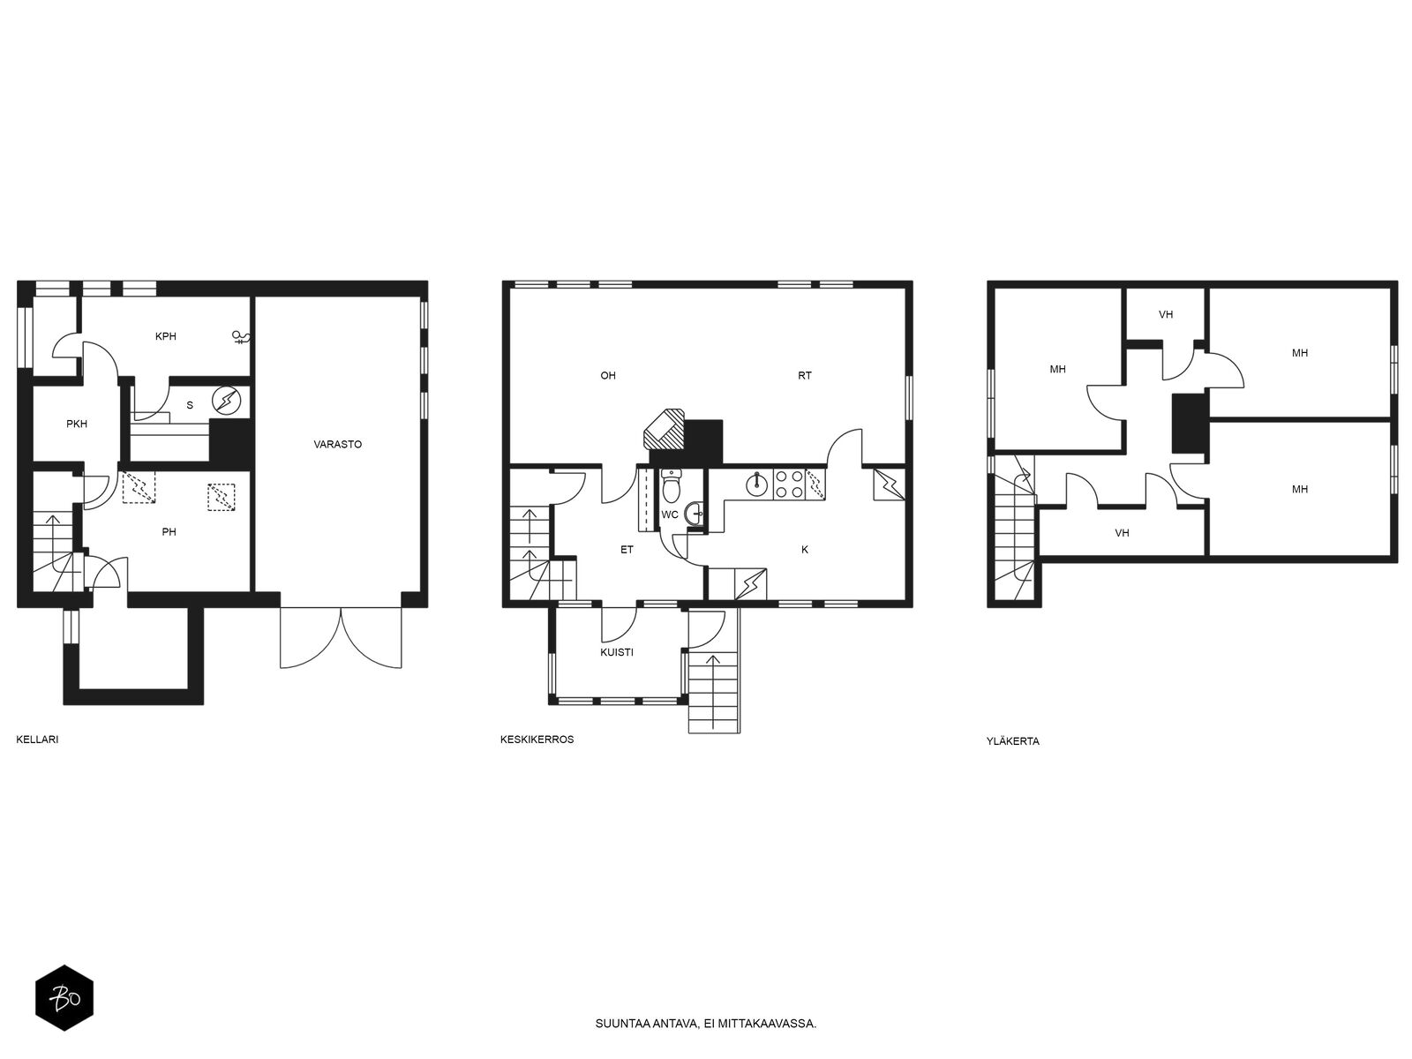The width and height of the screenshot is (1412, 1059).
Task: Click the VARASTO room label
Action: [337, 444]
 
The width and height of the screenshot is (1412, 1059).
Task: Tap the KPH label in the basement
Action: [165, 336]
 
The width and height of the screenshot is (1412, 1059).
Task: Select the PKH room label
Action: [77, 424]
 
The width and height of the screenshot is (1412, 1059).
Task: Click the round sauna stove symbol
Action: [227, 400]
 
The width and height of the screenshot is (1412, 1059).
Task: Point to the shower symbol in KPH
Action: [241, 337]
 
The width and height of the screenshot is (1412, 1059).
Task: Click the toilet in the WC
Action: [671, 485]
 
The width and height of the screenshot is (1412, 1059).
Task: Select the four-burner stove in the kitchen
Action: [789, 484]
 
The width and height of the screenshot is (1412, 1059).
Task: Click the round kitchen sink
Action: [757, 484]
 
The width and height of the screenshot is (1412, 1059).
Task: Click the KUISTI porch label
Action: [616, 652]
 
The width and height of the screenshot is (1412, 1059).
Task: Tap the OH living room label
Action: [607, 376]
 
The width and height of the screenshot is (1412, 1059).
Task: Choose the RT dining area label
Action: [804, 376]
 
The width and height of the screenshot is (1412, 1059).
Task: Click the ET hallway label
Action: [627, 550]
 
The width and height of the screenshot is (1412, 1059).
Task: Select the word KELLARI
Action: [37, 740]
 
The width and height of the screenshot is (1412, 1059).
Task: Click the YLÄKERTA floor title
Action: [1012, 740]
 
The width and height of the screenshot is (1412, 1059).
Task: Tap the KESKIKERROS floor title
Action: [537, 740]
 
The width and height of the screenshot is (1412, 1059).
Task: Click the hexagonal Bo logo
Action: [64, 998]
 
